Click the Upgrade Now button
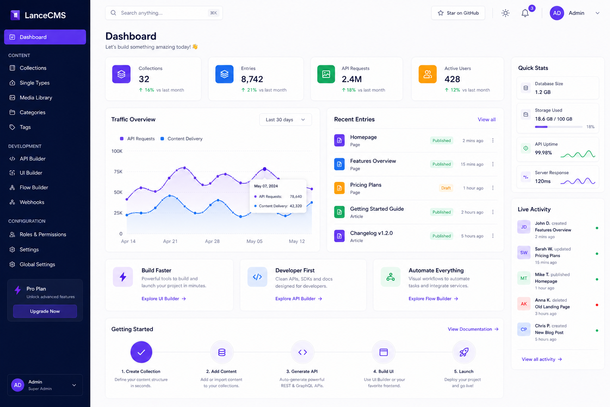[45, 311]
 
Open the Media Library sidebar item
[36, 98]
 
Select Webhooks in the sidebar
[32, 202]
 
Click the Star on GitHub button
[458, 13]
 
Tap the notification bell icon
[525, 13]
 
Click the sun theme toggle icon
[505, 13]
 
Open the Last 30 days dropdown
[285, 120]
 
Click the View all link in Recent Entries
[486, 120]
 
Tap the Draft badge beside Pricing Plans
[446, 188]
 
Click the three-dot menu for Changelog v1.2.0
[493, 236]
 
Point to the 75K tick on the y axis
[118, 172]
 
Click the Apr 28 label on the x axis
[212, 241]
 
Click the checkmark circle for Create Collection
[141, 352]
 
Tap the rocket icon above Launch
[464, 352]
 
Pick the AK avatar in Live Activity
[524, 304]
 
